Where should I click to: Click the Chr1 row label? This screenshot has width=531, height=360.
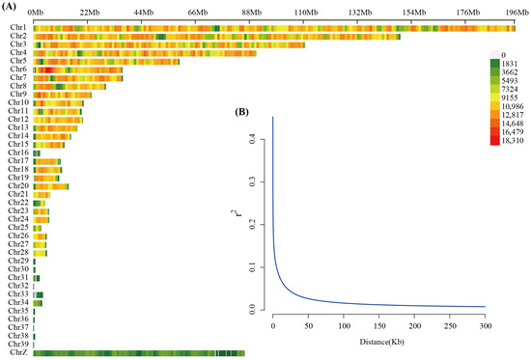coord(18,27)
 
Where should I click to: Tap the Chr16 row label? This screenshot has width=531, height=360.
coord(18,152)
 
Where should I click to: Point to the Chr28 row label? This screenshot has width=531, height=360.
coord(18,252)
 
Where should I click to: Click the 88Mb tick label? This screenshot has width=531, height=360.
coord(252,13)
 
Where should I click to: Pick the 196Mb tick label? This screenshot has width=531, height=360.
coord(517,13)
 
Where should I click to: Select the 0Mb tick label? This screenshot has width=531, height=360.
coord(36,13)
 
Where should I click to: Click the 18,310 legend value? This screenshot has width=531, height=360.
coord(513,141)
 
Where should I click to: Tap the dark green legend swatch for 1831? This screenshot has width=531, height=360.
coord(494,64)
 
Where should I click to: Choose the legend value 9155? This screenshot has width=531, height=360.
coord(510,97)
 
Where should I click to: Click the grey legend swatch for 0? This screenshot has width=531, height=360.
coord(494,54)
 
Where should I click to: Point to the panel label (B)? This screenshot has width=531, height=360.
coord(241,112)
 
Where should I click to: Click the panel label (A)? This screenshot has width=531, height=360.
coord(9,7)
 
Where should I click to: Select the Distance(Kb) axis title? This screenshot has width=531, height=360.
coord(381,342)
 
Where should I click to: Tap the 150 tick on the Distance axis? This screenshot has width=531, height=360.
coord(379,326)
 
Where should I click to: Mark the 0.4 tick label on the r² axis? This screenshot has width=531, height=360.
coord(252,139)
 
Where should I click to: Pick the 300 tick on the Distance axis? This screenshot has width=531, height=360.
coord(486,326)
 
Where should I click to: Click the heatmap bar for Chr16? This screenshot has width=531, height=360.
coord(37,153)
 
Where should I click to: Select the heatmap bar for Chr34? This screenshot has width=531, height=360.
coord(38,303)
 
